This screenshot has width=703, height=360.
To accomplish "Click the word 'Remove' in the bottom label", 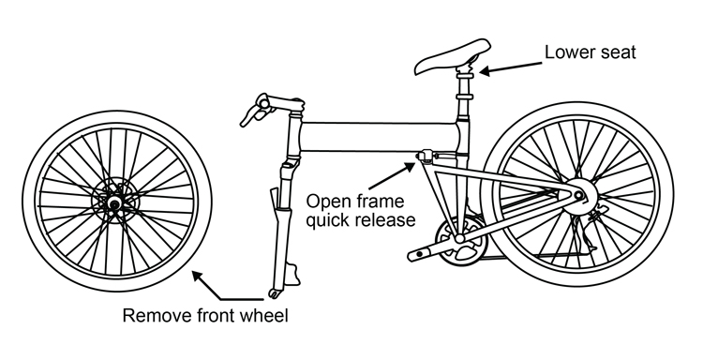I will (x=154, y=316).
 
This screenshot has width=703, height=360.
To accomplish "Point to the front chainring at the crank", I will (x=459, y=240).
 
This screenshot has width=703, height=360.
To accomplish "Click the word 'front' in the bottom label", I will (x=217, y=316).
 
